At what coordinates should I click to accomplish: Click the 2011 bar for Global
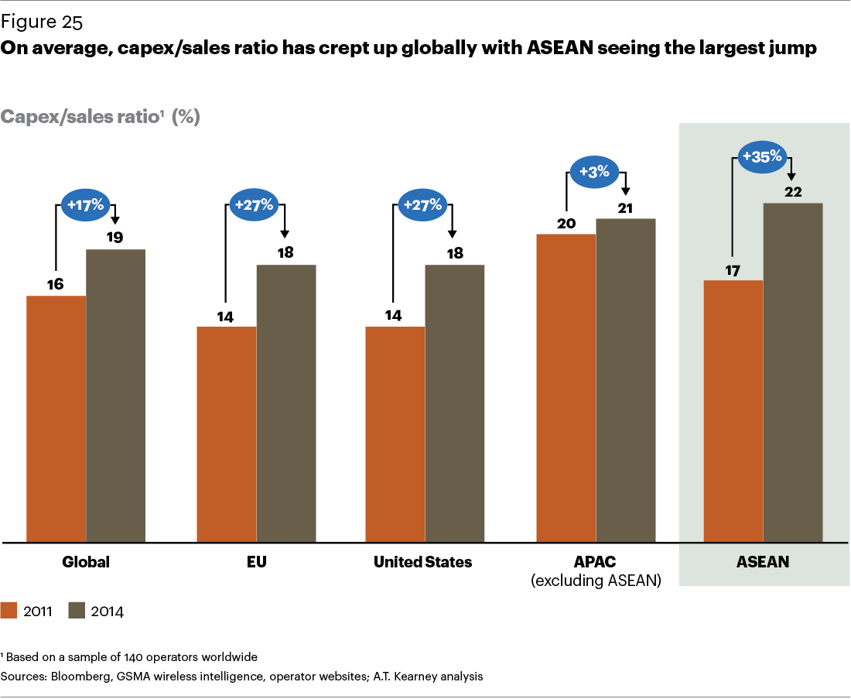click(x=56, y=418)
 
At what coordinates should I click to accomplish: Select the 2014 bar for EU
click(x=286, y=403)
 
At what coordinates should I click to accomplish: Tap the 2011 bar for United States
click(x=395, y=433)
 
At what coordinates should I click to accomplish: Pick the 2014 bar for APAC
click(x=625, y=379)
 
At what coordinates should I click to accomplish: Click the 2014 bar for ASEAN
click(x=793, y=372)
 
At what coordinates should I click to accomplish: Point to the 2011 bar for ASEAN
click(x=733, y=410)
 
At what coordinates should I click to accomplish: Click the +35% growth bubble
click(x=763, y=157)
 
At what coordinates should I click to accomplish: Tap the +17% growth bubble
click(x=85, y=205)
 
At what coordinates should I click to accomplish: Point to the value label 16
click(x=55, y=284)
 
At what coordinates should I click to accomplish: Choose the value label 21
click(x=625, y=207)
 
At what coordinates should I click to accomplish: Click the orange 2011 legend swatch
click(x=9, y=610)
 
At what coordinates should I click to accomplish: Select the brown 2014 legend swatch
click(x=77, y=610)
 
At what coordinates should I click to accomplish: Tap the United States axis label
click(x=422, y=562)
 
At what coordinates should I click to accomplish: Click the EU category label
click(x=256, y=562)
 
